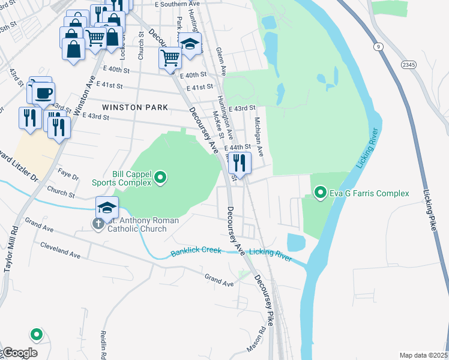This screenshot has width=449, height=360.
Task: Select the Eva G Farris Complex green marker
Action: (321, 193)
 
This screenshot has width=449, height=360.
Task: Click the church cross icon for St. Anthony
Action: (98, 223)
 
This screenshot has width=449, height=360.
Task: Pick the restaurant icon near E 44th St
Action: (240, 163)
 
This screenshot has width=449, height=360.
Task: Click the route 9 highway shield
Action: (378, 46)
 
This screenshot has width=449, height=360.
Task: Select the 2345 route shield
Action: (409, 64)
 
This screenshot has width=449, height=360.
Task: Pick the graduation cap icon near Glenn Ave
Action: (190, 45)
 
